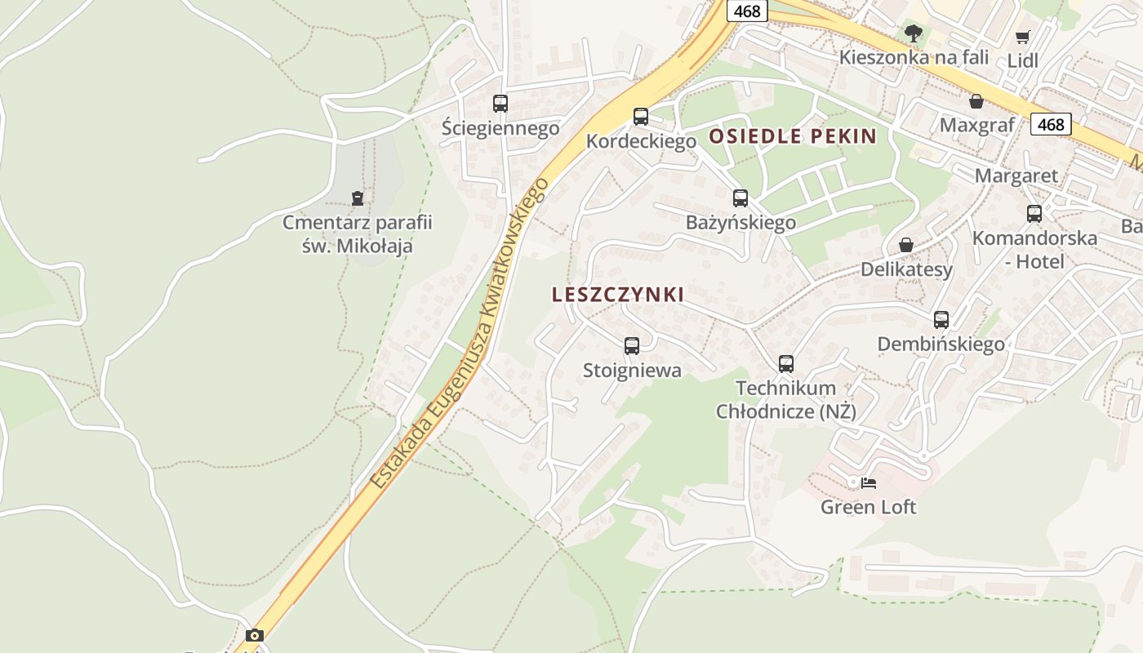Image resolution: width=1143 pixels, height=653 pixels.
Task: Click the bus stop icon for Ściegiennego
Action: (500, 104)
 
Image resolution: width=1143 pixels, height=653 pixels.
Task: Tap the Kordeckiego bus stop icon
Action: (641, 117)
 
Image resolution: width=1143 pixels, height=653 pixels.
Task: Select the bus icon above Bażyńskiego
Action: (741, 198)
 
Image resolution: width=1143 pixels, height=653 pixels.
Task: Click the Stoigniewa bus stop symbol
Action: (632, 346)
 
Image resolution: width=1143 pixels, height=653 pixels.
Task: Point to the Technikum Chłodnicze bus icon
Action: (786, 364)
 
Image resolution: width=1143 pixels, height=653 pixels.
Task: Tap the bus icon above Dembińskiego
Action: (941, 320)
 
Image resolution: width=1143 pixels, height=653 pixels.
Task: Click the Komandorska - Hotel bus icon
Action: (1034, 214)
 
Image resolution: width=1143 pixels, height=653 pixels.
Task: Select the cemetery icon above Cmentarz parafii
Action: (357, 198)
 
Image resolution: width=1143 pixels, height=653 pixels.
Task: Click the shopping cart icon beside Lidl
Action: (1022, 37)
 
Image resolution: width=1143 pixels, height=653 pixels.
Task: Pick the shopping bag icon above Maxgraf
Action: (976, 101)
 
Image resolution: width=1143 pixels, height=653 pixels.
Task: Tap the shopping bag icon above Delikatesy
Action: (906, 245)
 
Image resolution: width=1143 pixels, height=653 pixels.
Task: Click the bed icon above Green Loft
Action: (869, 483)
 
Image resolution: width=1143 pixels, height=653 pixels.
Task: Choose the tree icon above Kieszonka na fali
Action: (914, 33)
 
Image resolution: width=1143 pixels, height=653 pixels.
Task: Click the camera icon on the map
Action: (255, 635)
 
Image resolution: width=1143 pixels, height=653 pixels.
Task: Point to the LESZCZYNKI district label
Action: (618, 295)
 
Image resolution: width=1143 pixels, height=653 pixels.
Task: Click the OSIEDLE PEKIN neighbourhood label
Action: (793, 136)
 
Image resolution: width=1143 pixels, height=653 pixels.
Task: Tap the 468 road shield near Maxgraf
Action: (1051, 124)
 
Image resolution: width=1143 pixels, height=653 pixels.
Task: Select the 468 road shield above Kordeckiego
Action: (747, 11)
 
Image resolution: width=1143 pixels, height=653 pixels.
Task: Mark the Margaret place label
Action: (1016, 175)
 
